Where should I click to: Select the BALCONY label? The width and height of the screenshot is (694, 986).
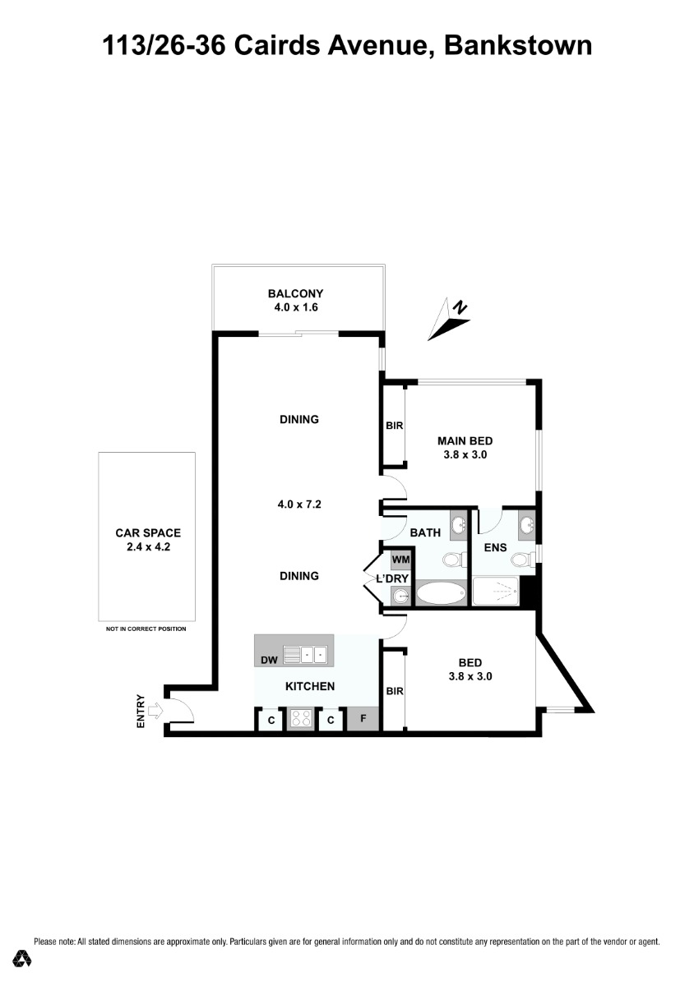[296, 293]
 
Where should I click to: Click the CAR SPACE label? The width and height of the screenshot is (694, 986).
[148, 533]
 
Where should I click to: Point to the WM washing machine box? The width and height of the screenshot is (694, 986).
[400, 560]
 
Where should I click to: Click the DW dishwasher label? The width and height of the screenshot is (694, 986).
[269, 660]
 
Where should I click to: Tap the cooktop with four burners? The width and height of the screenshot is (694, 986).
[300, 718]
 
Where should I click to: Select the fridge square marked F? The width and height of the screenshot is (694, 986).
[363, 718]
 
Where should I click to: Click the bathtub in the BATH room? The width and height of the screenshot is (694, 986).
[441, 594]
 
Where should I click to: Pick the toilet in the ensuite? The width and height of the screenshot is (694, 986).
[521, 560]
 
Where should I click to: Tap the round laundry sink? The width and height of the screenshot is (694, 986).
[401, 597]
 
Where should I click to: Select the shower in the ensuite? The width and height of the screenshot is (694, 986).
[496, 592]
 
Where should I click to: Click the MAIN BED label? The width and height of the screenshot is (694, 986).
[465, 440]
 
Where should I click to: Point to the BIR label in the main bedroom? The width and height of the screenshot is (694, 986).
[395, 426]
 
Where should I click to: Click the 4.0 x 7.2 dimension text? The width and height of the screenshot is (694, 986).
[299, 505]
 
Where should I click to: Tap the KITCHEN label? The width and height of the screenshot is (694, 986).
[310, 686]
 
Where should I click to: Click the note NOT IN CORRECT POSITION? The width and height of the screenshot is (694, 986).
[146, 629]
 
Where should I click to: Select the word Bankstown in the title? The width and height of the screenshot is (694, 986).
[518, 45]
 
